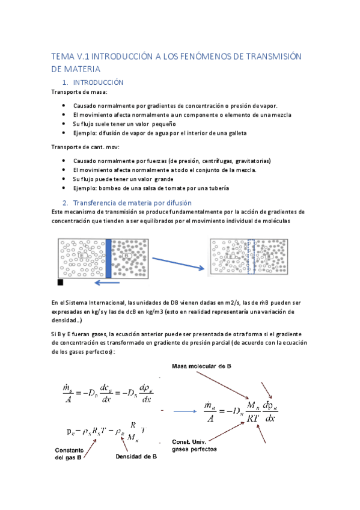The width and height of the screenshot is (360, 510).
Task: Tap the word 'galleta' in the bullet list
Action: pos(235,133)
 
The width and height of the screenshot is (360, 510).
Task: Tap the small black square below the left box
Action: pos(60,281)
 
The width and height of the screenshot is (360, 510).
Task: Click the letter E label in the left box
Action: pos(82,256)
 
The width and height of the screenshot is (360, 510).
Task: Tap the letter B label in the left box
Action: pos(127,256)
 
